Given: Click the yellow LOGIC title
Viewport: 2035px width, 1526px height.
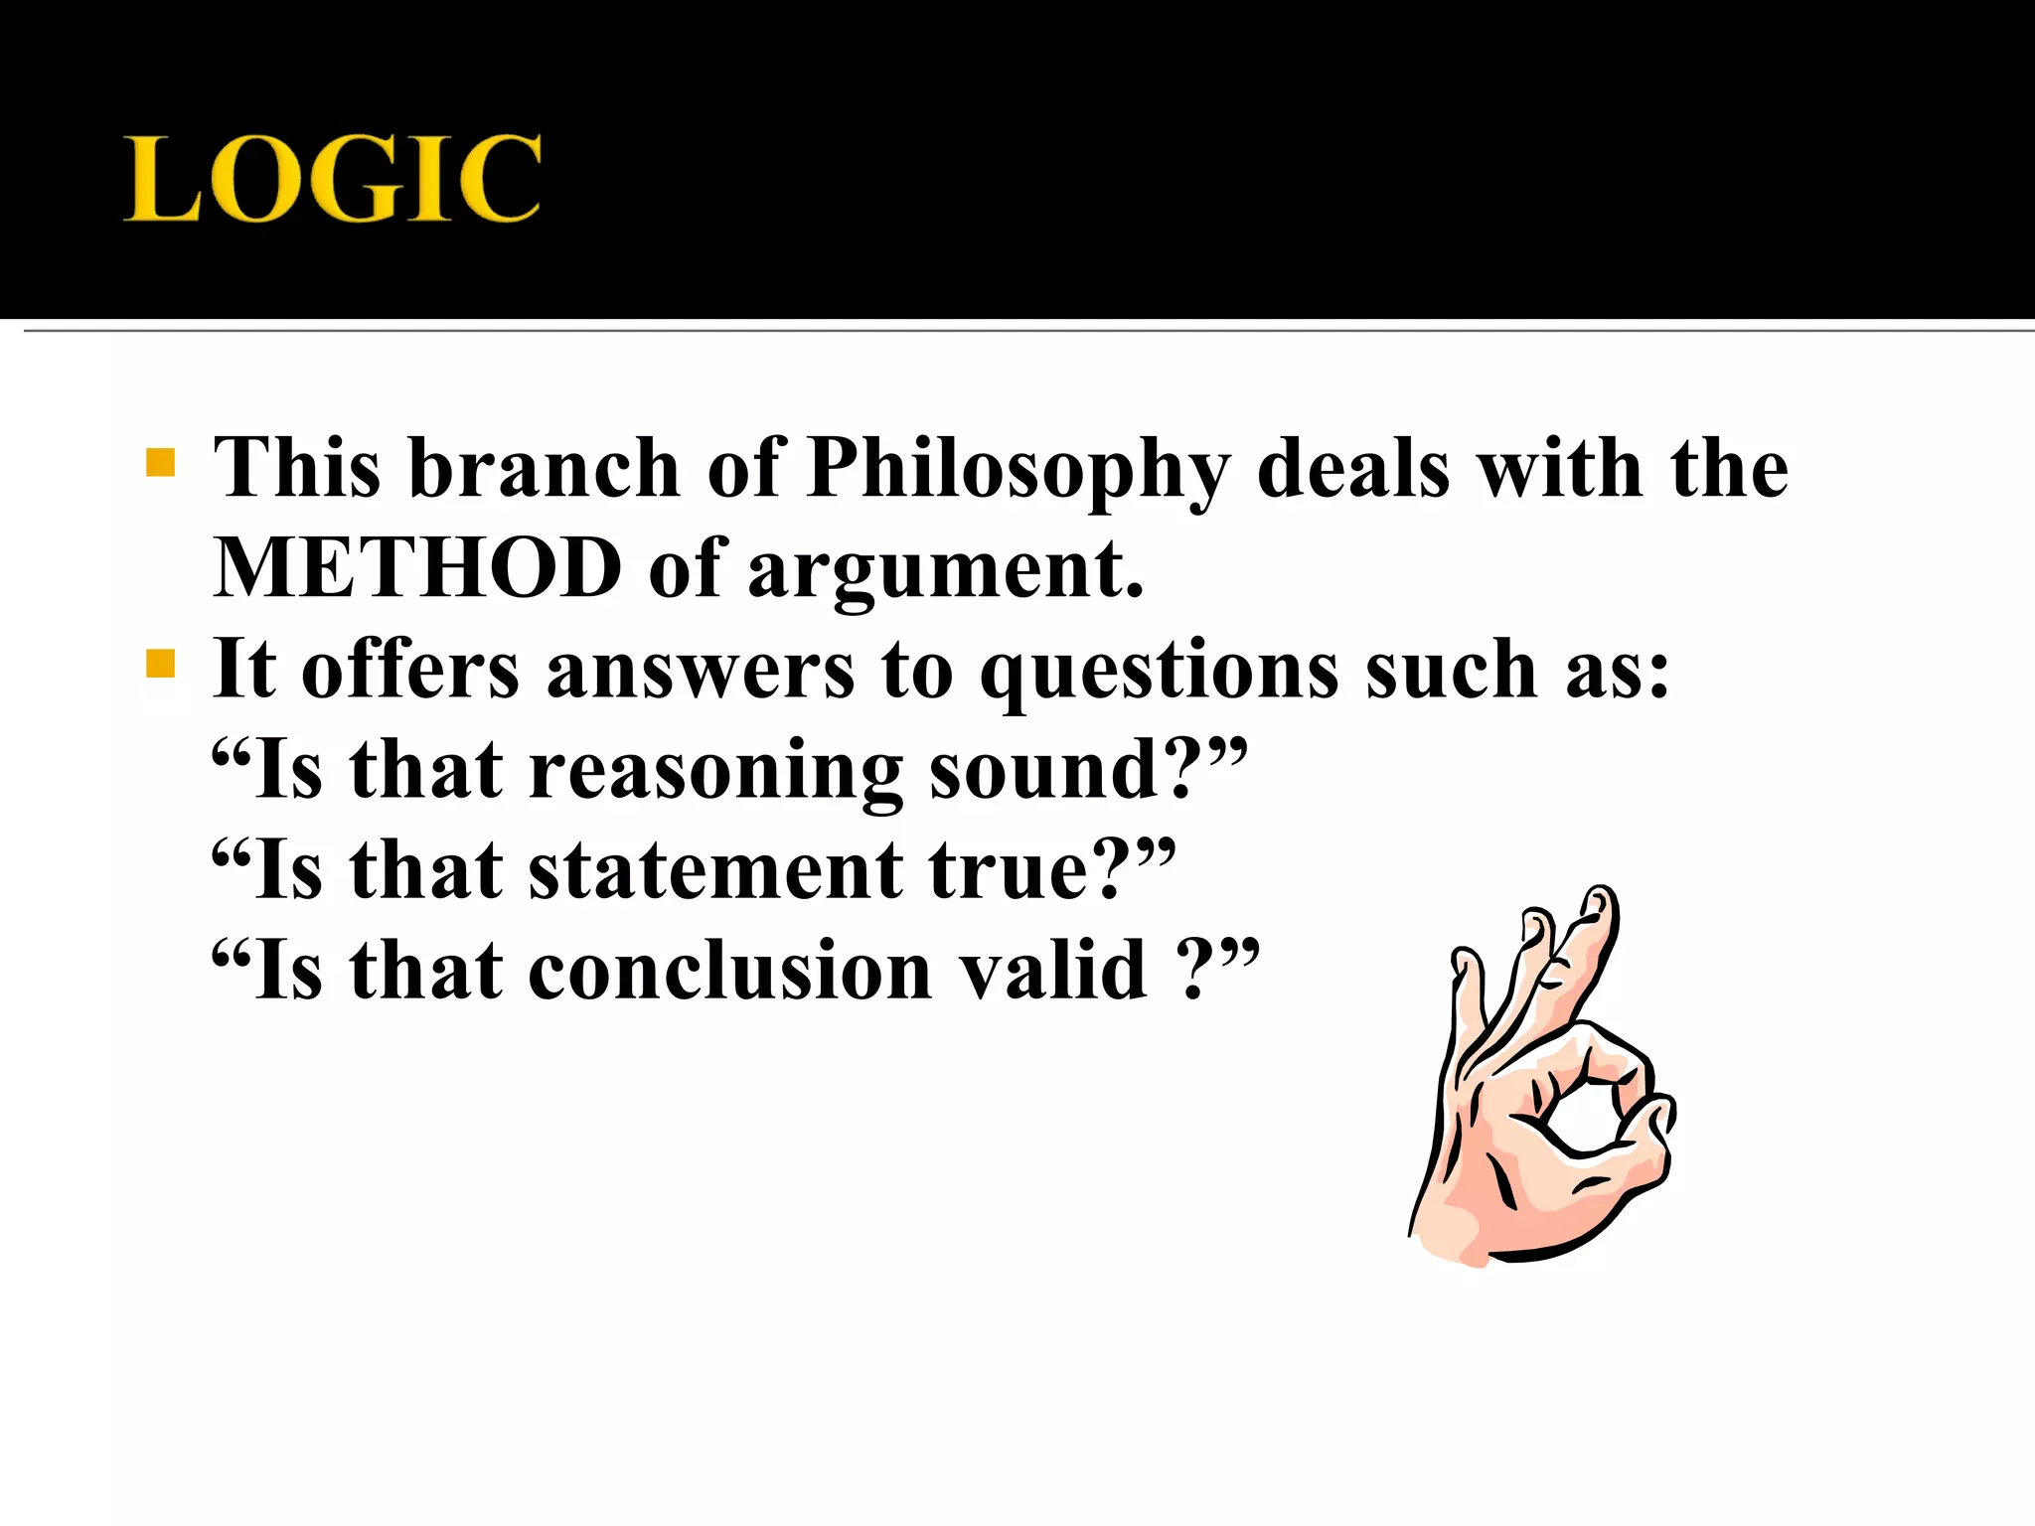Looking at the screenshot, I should pyautogui.click(x=333, y=179).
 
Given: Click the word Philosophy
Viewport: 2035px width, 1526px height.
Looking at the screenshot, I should pyautogui.click(x=1018, y=469).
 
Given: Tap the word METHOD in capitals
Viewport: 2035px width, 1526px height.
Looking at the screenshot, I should pyautogui.click(x=417, y=568).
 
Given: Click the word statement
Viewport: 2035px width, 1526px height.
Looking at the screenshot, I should pyautogui.click(x=715, y=870).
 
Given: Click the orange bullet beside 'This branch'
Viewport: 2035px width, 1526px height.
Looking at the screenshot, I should pyautogui.click(x=160, y=463).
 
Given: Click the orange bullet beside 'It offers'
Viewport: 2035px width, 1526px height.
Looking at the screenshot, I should pyautogui.click(x=160, y=664).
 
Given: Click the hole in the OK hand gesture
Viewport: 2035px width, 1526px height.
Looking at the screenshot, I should pyautogui.click(x=1583, y=1118).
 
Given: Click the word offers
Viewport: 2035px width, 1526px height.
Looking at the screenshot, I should pyautogui.click(x=409, y=668).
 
